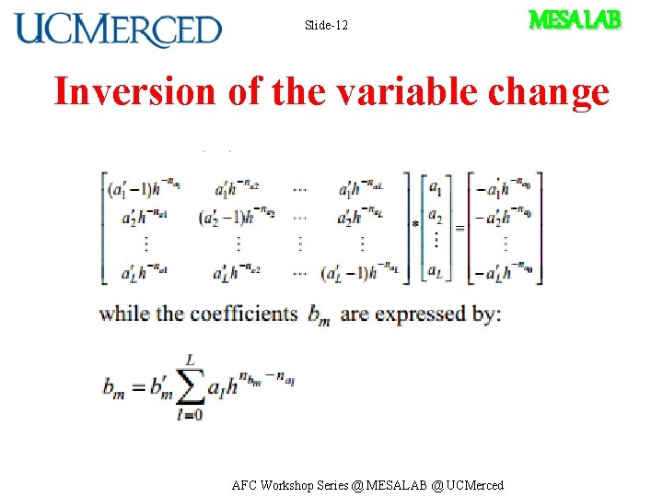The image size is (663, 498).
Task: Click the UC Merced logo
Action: pos(118,30)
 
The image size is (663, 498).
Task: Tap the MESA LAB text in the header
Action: pos(575,19)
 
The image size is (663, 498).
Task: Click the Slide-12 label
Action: pos(326,25)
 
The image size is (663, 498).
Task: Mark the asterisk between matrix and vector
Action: pos(416,224)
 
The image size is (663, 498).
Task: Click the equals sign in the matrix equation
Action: pos(459,227)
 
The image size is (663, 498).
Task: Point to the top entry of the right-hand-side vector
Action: pos(504,189)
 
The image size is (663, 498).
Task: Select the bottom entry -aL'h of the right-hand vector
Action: pos(504,273)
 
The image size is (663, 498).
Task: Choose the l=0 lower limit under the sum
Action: pos(189,415)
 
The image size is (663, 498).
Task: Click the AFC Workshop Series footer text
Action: pos(368,485)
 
